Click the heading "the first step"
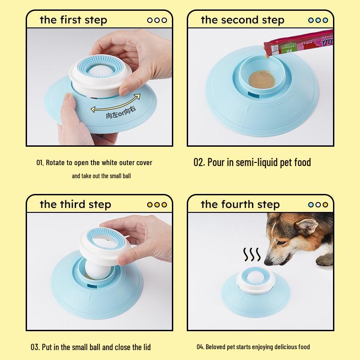click(73, 20)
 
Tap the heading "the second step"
click(242, 20)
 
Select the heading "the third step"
click(75, 204)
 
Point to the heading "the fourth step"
click(240, 204)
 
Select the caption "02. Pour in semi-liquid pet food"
click(252, 162)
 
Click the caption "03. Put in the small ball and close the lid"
click(90, 346)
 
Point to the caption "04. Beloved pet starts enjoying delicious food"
click(253, 347)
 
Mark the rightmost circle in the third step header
click(164, 204)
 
